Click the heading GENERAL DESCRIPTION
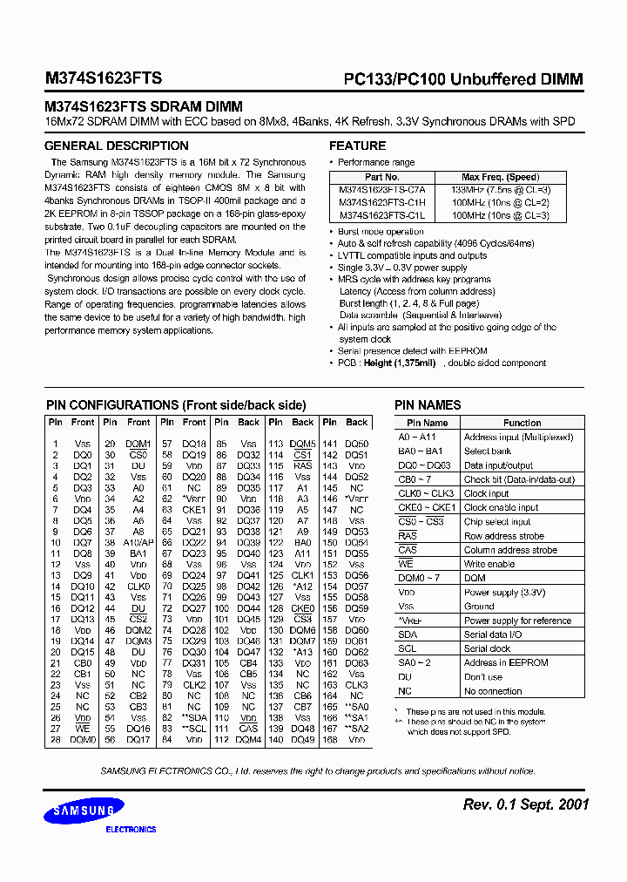click(x=116, y=146)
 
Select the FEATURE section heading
click(x=357, y=146)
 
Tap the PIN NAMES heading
click(x=428, y=405)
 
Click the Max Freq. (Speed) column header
click(x=499, y=176)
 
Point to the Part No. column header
click(x=381, y=176)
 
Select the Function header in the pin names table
click(x=522, y=423)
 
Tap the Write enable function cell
click(x=489, y=564)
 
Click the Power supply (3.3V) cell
click(x=504, y=592)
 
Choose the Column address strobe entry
click(x=509, y=550)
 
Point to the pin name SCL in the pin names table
click(x=407, y=648)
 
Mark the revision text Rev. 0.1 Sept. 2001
click(x=525, y=804)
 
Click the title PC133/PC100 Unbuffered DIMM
click(x=458, y=79)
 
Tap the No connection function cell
click(x=493, y=691)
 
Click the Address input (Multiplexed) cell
click(x=517, y=437)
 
